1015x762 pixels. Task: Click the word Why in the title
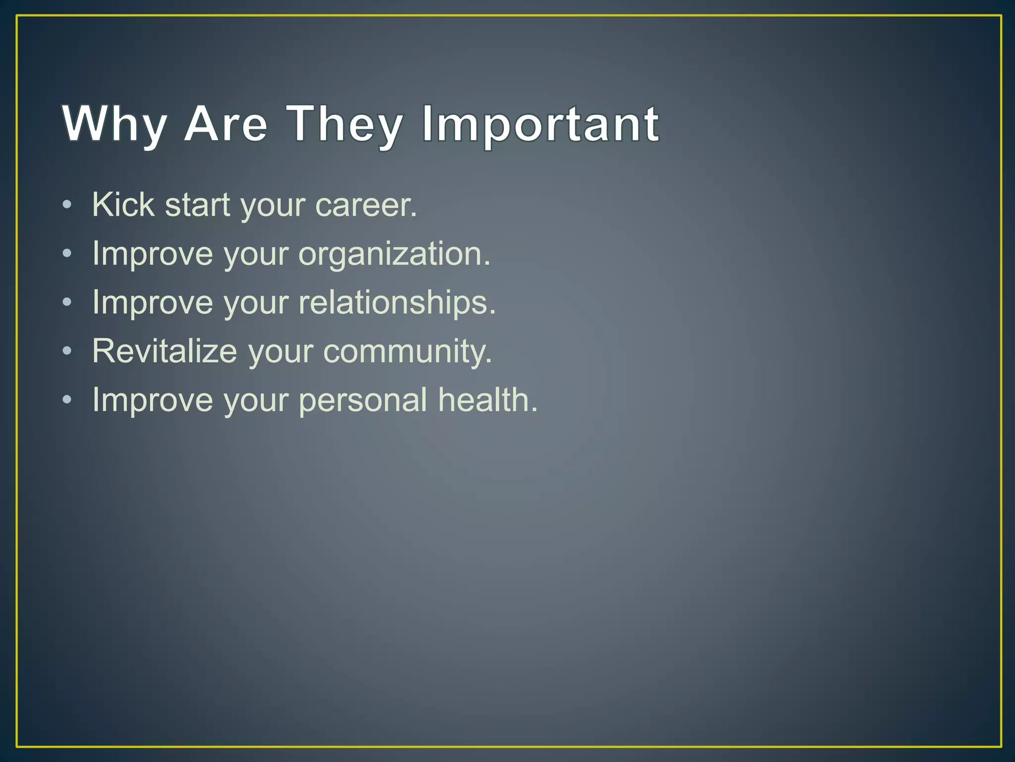(114, 124)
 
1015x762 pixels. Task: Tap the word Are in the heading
(226, 124)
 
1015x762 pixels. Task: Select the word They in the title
(345, 124)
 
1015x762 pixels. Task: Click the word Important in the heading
(540, 124)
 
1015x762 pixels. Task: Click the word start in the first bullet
(197, 204)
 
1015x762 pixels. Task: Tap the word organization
(394, 254)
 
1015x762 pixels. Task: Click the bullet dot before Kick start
(67, 205)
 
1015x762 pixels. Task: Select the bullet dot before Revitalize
(67, 351)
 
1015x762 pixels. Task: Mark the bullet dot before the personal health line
(67, 400)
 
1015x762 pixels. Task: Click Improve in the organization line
(153, 254)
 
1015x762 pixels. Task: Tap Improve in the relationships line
(153, 302)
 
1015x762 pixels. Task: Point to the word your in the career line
(273, 205)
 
